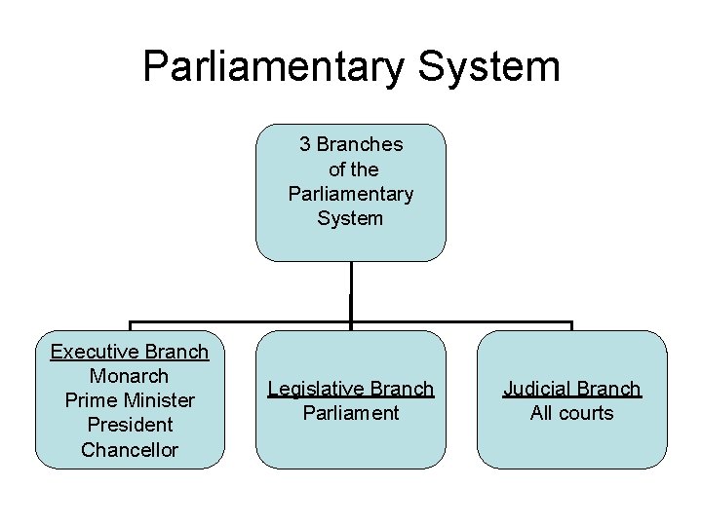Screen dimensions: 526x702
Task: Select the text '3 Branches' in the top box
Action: pos(351,144)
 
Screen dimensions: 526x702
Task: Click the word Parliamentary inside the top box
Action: pos(351,194)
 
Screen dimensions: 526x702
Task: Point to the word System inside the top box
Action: pos(351,218)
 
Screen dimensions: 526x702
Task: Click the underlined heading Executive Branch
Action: pos(130,352)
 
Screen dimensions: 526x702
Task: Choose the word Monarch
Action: pos(130,376)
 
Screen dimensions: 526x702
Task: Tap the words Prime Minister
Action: pos(130,400)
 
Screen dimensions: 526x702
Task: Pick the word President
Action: pos(130,425)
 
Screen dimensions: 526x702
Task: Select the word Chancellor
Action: pos(130,450)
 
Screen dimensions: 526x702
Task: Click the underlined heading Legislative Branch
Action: pos(351,389)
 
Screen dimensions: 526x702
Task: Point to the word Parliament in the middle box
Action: pos(351,413)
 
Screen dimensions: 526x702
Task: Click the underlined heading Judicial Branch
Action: pos(572,389)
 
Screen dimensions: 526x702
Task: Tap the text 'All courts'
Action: pos(572,413)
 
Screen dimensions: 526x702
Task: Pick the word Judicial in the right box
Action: pos(542,389)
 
